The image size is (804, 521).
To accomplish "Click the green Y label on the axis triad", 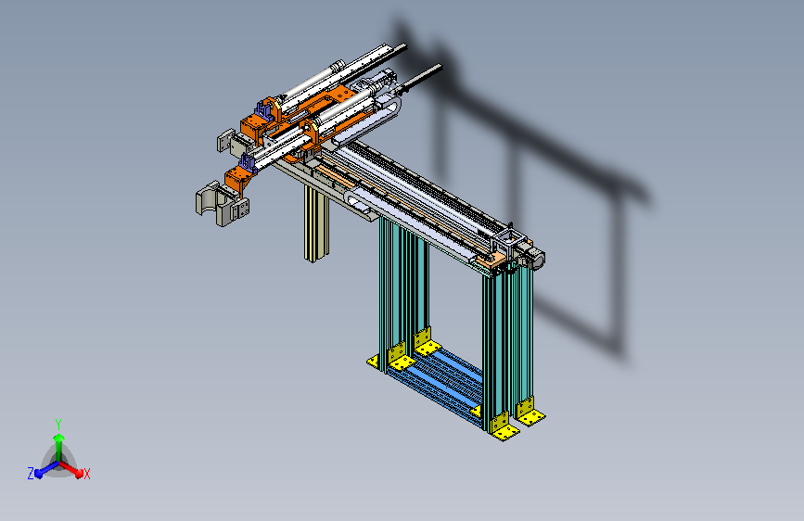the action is tap(58, 425).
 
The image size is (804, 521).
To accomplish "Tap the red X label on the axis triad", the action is tap(86, 474).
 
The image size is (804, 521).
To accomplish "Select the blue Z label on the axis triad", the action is tap(31, 474).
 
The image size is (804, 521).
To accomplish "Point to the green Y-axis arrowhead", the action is tap(59, 438).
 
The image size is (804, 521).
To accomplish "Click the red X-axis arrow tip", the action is tap(79, 474).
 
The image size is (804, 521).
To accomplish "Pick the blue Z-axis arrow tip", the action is tap(38, 474).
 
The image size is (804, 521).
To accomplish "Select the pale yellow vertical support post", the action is tap(316, 223).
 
